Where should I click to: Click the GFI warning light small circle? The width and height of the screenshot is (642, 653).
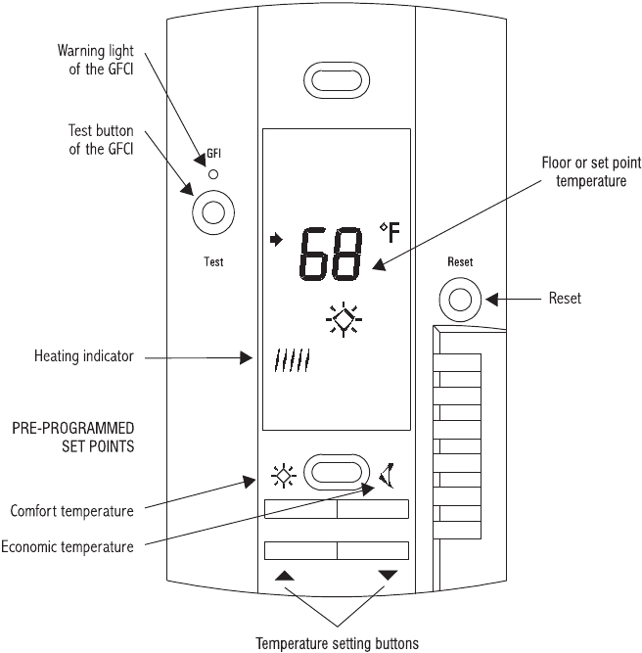click(x=213, y=174)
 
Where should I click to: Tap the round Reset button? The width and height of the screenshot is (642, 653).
click(x=460, y=300)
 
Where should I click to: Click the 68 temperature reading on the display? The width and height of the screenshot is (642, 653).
click(x=331, y=254)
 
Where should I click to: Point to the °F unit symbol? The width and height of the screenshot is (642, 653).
click(x=390, y=232)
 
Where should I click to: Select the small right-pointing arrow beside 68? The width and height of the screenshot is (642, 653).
click(x=276, y=240)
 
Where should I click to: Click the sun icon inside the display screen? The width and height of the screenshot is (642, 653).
click(x=344, y=319)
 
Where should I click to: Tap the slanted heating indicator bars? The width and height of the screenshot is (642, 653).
click(x=293, y=360)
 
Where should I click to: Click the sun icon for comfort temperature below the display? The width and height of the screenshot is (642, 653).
click(x=284, y=475)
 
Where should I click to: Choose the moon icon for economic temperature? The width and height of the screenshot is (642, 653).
click(x=387, y=475)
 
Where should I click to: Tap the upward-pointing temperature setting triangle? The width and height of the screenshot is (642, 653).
click(x=285, y=576)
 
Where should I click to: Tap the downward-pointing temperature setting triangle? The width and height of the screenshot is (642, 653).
click(x=388, y=575)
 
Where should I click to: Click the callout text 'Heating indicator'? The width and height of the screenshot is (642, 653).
click(x=84, y=356)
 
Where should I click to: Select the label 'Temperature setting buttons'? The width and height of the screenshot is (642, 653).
click(x=338, y=643)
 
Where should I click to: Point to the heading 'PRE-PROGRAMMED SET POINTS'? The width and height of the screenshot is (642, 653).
click(x=73, y=438)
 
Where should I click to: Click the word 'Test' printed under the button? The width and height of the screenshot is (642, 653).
click(x=213, y=262)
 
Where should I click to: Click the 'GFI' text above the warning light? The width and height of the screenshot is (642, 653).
click(x=214, y=154)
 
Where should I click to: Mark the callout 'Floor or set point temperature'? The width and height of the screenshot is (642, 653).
click(x=591, y=172)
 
